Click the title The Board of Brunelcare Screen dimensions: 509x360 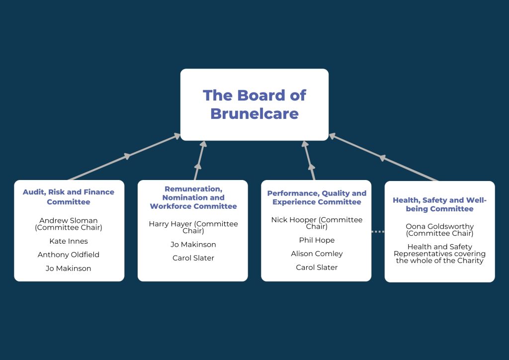pos(254,104)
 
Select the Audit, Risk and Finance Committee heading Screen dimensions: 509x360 pos(69,197)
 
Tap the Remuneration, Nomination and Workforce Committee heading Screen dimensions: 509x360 pos(193,197)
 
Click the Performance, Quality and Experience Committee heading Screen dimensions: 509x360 pos(317,197)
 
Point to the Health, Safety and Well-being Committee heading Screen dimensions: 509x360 pos(439,204)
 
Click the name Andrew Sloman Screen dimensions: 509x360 pos(69,220)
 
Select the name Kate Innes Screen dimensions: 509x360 pos(69,241)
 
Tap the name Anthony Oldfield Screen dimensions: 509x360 pos(69,255)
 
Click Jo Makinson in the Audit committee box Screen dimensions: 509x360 pos(69,269)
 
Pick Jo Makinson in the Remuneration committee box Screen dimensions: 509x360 pos(193,245)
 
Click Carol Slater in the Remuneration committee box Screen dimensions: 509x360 pos(193,258)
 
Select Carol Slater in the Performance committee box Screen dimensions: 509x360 pos(317,268)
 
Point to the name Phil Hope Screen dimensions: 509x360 pos(317,240)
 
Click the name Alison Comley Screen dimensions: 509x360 pos(317,254)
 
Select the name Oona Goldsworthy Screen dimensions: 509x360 pos(439,226)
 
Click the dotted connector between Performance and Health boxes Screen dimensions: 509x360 pos(378,231)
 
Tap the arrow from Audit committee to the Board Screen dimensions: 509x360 pos(125,157)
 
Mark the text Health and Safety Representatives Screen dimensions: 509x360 pos(439,250)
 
